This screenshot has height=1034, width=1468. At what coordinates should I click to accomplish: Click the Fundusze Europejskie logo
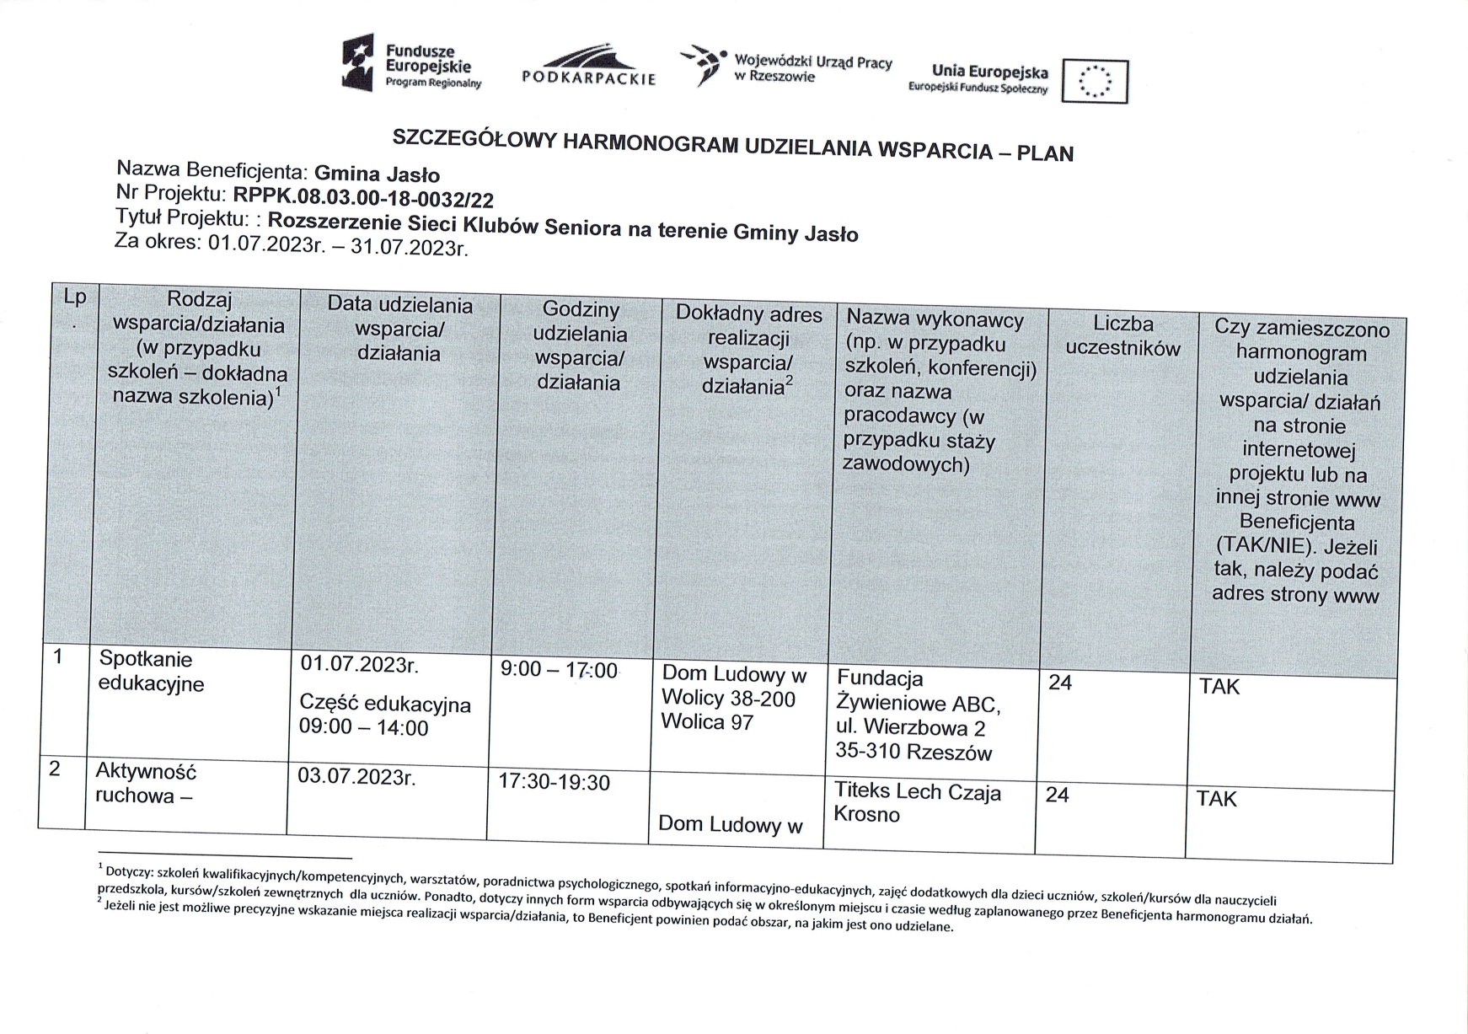tap(410, 63)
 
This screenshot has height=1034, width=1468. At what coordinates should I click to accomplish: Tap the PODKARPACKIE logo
tap(588, 67)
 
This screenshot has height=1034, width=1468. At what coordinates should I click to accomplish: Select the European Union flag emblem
tap(1094, 82)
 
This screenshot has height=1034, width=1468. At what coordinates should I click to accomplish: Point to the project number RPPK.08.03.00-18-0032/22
tap(363, 199)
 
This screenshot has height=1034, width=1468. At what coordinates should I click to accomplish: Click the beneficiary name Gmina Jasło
tap(377, 174)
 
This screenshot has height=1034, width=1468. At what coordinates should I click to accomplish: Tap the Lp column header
tap(74, 297)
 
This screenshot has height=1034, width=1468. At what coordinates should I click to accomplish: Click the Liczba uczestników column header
tap(1122, 336)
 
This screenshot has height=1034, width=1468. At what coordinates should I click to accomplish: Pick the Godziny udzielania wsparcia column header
tap(579, 346)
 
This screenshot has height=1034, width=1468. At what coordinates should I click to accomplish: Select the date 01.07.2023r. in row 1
tap(359, 664)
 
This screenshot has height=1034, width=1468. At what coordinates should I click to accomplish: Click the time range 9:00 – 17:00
tap(558, 671)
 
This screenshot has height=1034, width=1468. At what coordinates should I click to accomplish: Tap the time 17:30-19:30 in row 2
tap(554, 782)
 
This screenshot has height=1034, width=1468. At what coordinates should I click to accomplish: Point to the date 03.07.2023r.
tap(356, 776)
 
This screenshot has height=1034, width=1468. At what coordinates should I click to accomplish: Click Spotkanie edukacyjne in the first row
tap(151, 672)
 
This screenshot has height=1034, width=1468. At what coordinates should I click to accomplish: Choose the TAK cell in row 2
tap(1216, 799)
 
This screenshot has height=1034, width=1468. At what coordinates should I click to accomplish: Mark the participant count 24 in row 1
tap(1059, 683)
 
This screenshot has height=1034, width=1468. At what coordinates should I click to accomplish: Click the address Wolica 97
tap(706, 722)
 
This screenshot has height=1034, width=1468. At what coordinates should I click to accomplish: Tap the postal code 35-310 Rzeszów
tap(913, 752)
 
